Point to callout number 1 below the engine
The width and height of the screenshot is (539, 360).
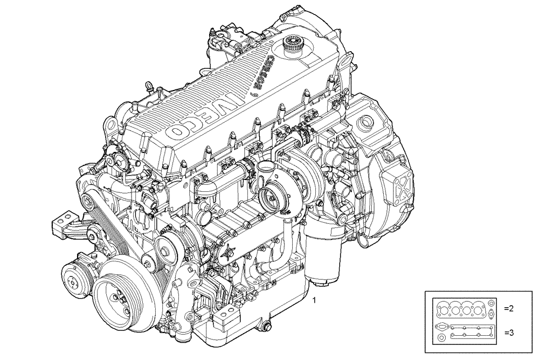(x=315, y=298)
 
